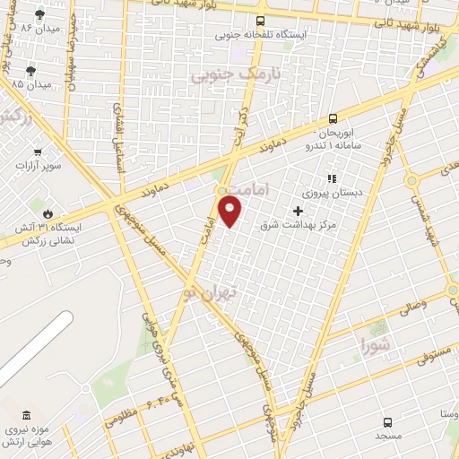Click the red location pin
click(231, 212)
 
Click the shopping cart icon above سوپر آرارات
click(39, 152)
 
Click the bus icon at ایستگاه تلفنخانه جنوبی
click(260, 21)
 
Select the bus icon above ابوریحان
click(333, 117)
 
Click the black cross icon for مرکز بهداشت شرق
click(298, 211)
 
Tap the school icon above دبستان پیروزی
click(331, 178)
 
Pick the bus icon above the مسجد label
click(387, 421)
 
